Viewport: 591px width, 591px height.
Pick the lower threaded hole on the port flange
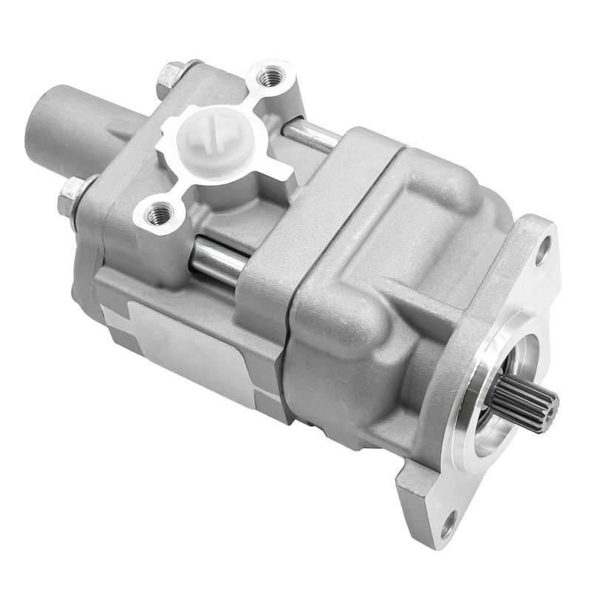pyautogui.click(x=158, y=215)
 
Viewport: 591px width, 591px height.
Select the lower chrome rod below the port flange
pyautogui.click(x=218, y=260)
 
